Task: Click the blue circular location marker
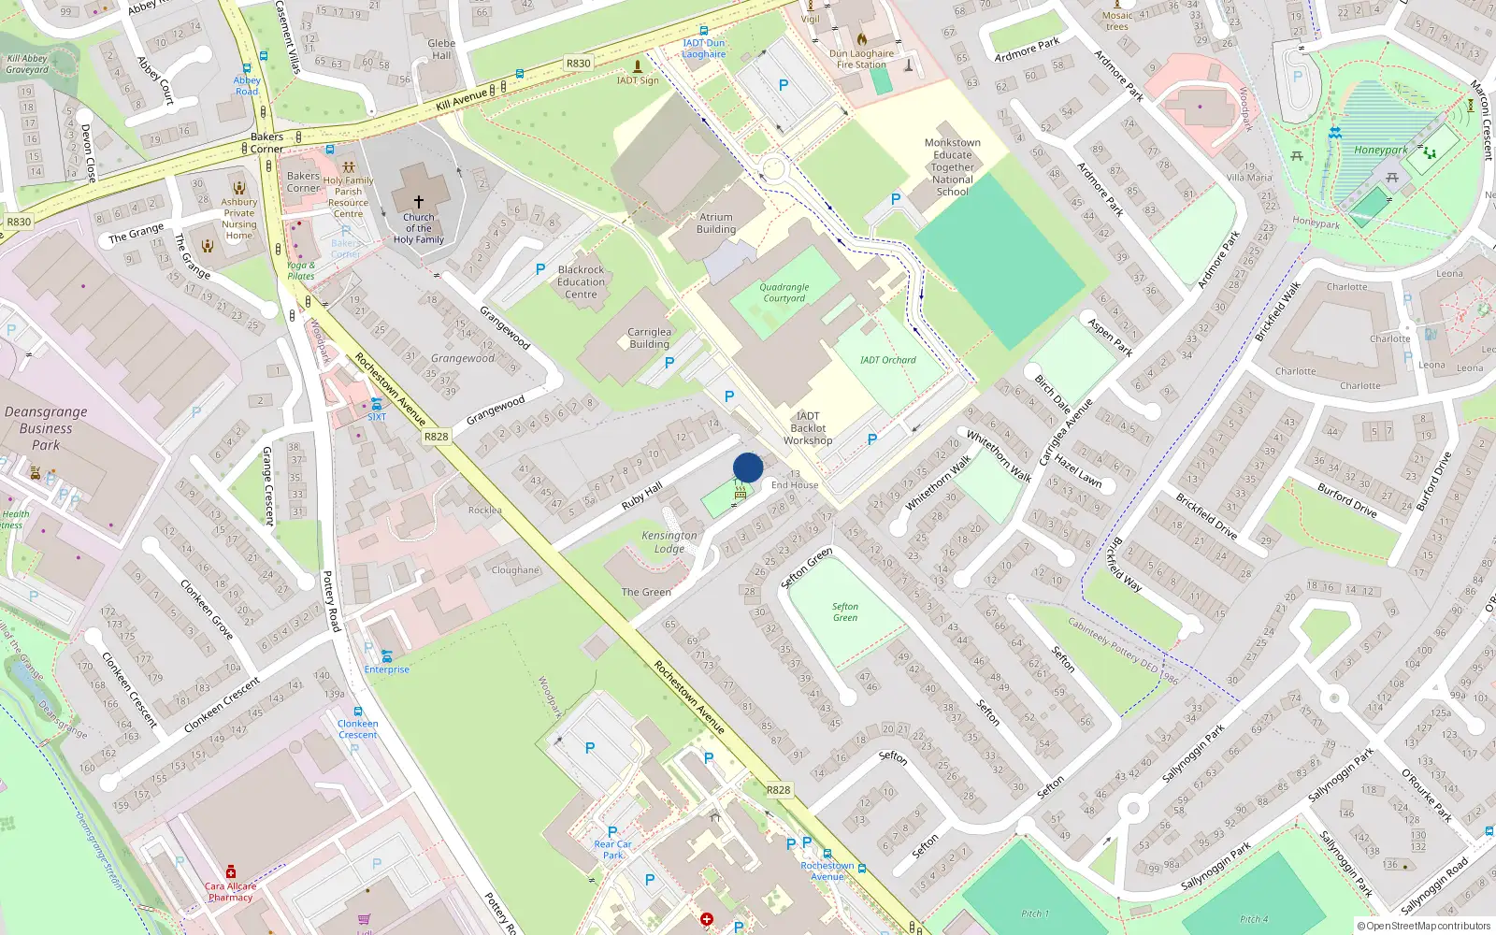click(x=748, y=467)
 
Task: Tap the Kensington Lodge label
click(x=669, y=542)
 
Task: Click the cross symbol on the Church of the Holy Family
click(x=419, y=201)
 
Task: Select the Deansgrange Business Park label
click(x=46, y=428)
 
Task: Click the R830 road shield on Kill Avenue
click(x=578, y=64)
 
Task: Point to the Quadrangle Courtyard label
click(x=784, y=293)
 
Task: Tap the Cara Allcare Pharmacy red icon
click(x=231, y=871)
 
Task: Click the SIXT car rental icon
click(x=376, y=404)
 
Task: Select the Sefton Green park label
click(x=845, y=611)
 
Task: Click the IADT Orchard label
click(x=887, y=360)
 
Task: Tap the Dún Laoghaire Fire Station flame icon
click(x=861, y=39)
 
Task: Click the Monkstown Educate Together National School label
click(x=952, y=167)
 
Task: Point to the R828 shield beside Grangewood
click(x=436, y=437)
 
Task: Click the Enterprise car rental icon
click(x=386, y=656)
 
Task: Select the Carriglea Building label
click(x=649, y=338)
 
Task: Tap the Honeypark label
click(x=1380, y=150)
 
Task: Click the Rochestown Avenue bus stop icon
click(x=827, y=854)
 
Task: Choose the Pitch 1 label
click(x=1035, y=913)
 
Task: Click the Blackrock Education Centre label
click(x=581, y=281)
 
